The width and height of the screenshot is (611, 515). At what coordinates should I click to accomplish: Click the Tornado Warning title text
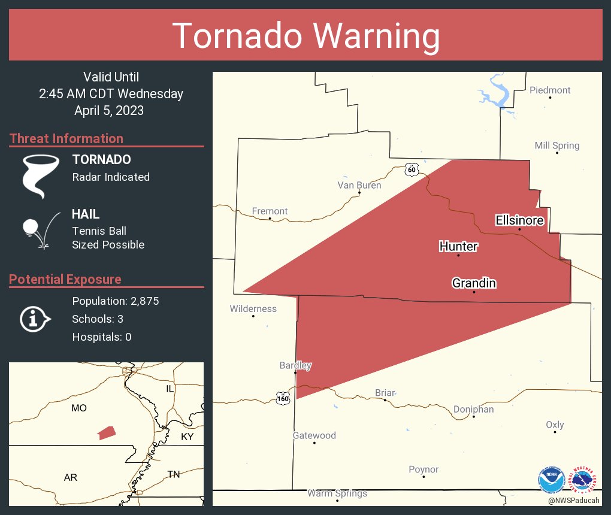(305, 36)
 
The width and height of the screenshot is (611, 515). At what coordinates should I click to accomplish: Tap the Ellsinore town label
(519, 220)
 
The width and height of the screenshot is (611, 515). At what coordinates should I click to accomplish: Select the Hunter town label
(458, 246)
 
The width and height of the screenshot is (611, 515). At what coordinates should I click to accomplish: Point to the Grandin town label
(474, 283)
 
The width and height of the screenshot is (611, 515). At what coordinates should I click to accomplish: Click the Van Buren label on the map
(359, 185)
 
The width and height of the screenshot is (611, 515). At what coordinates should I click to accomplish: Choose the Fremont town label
(270, 211)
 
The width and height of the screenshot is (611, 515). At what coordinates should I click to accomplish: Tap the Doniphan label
(473, 409)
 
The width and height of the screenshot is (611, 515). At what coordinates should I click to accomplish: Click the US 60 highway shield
(410, 169)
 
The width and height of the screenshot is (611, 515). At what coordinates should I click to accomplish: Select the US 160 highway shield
(283, 396)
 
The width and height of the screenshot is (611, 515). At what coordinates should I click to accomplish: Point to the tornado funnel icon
(40, 175)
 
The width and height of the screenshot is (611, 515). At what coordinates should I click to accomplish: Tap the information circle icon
(35, 319)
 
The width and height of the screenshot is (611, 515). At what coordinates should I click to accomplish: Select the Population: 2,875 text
(115, 301)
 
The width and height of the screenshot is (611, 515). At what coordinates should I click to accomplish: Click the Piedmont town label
(550, 90)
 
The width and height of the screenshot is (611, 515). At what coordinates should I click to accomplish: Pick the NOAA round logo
(551, 480)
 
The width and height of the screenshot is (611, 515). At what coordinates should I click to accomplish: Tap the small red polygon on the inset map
(106, 432)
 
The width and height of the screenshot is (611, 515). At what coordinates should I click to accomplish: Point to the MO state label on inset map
(79, 408)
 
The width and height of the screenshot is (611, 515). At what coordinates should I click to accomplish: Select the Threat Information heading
(66, 138)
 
